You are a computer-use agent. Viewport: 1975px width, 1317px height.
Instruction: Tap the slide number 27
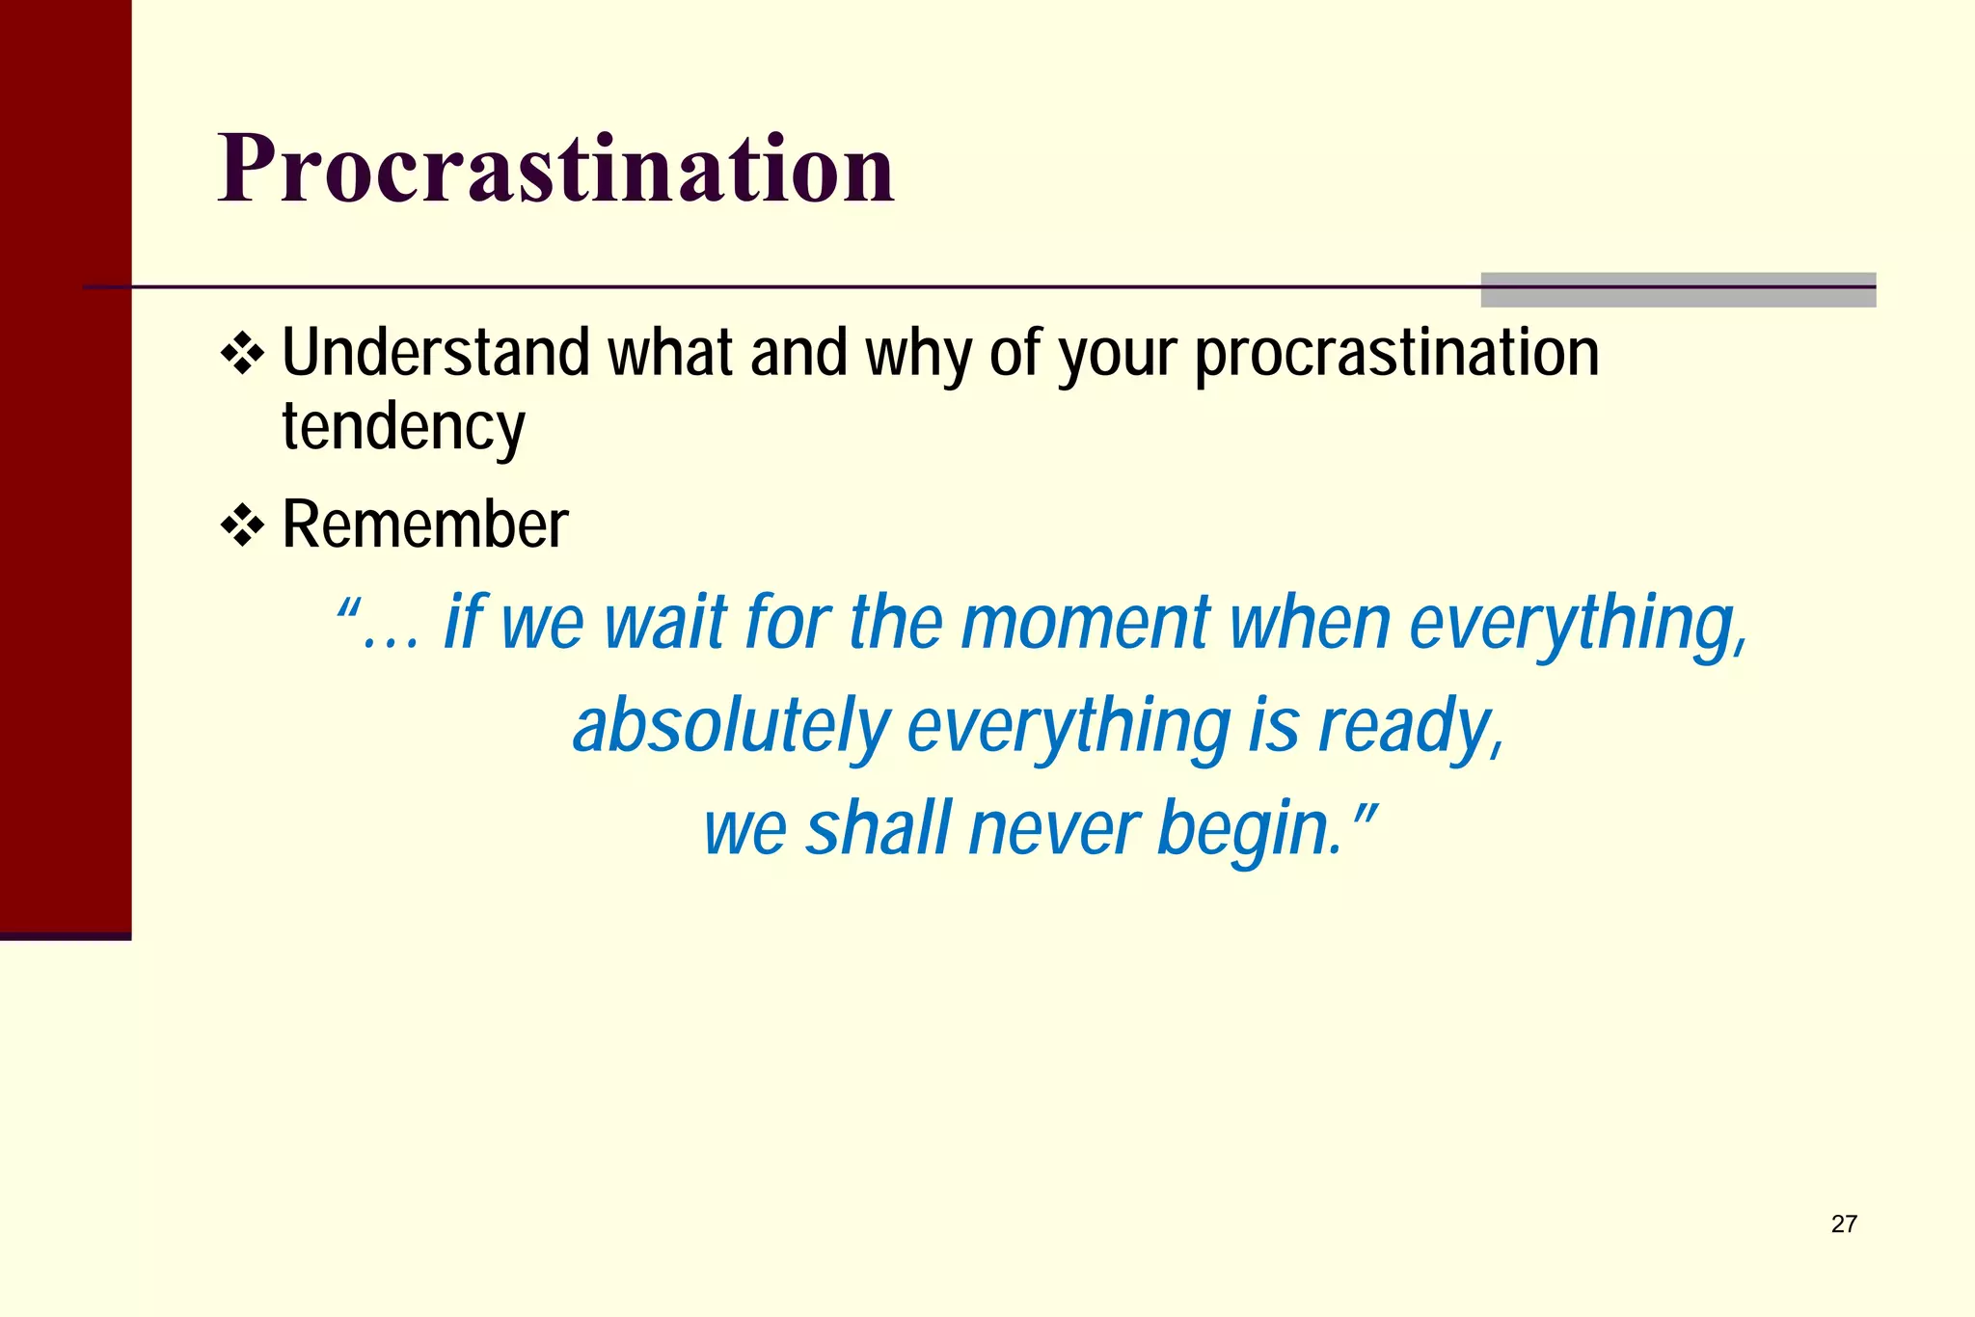pyautogui.click(x=1843, y=1223)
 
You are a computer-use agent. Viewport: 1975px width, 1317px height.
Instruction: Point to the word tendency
pyautogui.click(x=403, y=427)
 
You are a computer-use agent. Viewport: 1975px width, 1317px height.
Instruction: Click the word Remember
pyautogui.click(x=425, y=525)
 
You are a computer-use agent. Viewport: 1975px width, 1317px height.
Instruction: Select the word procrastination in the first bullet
pyautogui.click(x=1396, y=354)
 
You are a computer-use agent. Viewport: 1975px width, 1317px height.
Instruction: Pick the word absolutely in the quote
pyautogui.click(x=731, y=726)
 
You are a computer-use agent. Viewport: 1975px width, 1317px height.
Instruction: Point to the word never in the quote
pyautogui.click(x=1054, y=829)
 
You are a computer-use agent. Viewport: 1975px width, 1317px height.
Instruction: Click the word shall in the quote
pyautogui.click(x=878, y=829)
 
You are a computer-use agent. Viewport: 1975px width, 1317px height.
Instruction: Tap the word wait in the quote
pyautogui.click(x=664, y=623)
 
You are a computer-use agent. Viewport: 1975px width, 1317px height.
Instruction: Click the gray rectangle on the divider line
pyautogui.click(x=1677, y=290)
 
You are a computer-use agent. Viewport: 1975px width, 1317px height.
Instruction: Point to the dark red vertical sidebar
pyautogui.click(x=65, y=463)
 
